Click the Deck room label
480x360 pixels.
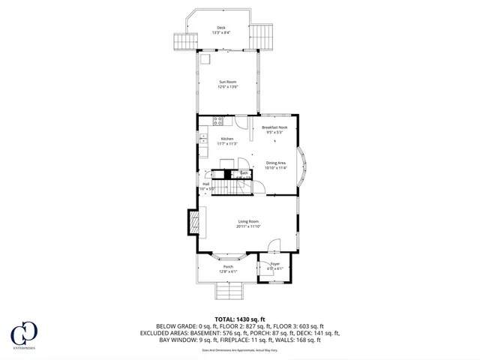pos(221,27)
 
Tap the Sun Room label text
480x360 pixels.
pos(228,82)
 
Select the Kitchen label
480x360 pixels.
pos(227,139)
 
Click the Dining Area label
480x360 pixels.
pos(275,163)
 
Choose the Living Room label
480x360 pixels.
pos(249,221)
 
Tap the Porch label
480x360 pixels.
pos(227,267)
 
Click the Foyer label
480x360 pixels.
pos(274,264)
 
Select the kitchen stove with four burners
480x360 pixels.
pos(218,120)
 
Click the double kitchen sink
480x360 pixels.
pos(203,138)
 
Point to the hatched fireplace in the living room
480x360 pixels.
pos(193,220)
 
